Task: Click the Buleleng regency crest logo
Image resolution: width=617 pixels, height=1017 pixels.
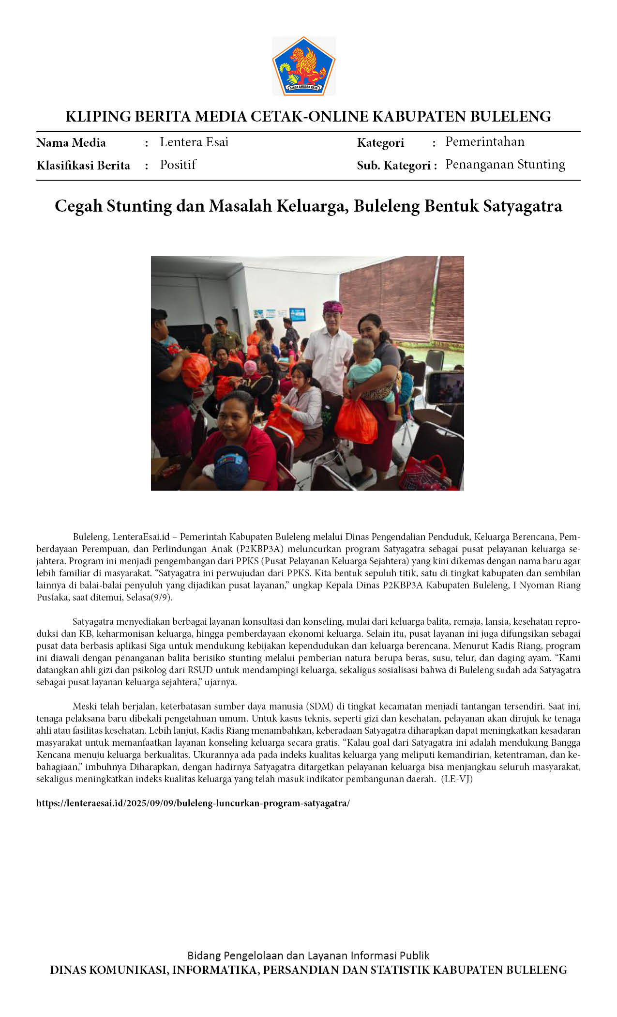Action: [x=303, y=66]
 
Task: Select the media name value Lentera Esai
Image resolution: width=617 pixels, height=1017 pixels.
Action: [x=194, y=142]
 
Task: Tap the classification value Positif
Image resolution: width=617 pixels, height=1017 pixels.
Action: [x=178, y=165]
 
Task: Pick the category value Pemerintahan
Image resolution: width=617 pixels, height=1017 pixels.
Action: [x=484, y=141]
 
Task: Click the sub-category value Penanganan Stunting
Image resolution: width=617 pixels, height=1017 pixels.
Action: [x=505, y=164]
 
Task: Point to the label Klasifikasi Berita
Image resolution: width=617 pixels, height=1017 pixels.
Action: [x=83, y=166]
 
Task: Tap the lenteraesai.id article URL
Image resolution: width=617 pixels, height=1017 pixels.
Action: [x=193, y=803]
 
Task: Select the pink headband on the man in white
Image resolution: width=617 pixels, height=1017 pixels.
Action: [x=332, y=307]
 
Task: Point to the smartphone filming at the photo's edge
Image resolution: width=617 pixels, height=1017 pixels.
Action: [x=444, y=387]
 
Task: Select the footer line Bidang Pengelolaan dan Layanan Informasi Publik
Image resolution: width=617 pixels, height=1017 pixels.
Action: [x=308, y=955]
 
